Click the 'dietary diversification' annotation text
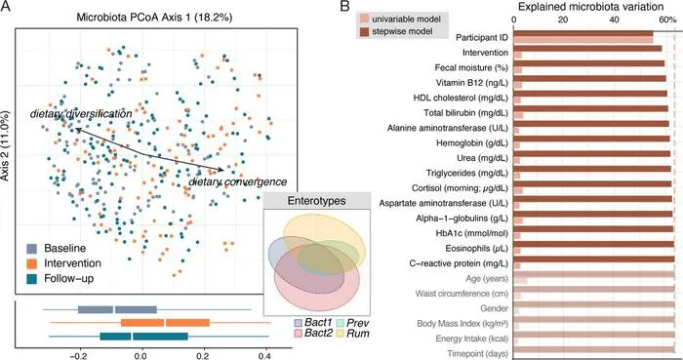pos(81,114)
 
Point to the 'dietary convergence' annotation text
pos(238,181)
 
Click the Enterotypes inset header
pos(317,201)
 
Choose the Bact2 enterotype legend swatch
pos(299,334)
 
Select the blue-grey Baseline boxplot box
pos(117,310)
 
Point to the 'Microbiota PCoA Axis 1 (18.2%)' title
pos(154,18)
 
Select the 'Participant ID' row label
pos(482,38)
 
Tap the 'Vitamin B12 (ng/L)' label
pos(472,83)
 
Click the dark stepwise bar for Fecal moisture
pos(589,63)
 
